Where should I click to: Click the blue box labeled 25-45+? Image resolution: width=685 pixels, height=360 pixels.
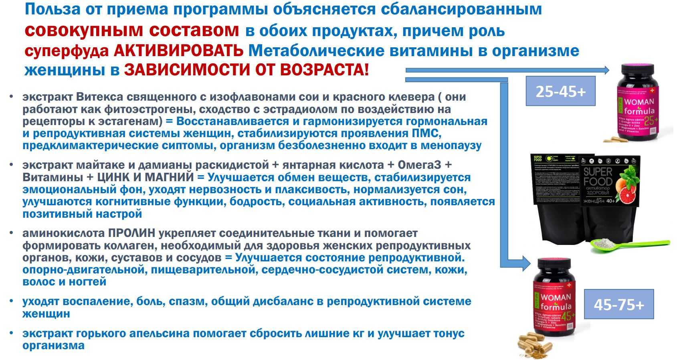pyautogui.click(x=560, y=92)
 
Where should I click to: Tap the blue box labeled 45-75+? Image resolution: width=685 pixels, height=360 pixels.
pyautogui.click(x=618, y=305)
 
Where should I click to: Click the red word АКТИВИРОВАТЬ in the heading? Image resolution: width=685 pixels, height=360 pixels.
pyautogui.click(x=179, y=51)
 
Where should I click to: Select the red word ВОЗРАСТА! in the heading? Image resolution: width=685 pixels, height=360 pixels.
pyautogui.click(x=324, y=70)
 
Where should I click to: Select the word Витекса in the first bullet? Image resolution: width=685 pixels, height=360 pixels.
pyautogui.click(x=98, y=97)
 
